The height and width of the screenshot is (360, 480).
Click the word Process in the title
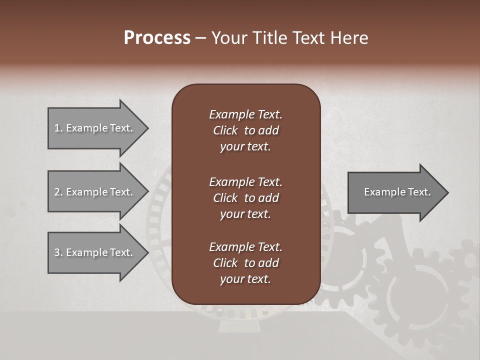(157, 38)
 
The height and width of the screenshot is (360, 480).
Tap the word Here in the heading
(349, 38)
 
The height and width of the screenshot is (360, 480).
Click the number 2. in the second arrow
(58, 192)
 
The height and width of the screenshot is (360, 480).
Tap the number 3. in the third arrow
(58, 252)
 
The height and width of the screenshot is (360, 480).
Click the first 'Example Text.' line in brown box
(245, 114)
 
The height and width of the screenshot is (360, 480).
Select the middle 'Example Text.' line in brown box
(245, 182)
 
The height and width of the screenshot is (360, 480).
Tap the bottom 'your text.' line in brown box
(245, 279)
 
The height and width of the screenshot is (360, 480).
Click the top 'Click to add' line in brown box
(245, 130)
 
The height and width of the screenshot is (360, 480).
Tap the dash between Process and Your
(201, 38)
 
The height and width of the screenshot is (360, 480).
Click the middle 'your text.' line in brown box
(245, 214)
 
